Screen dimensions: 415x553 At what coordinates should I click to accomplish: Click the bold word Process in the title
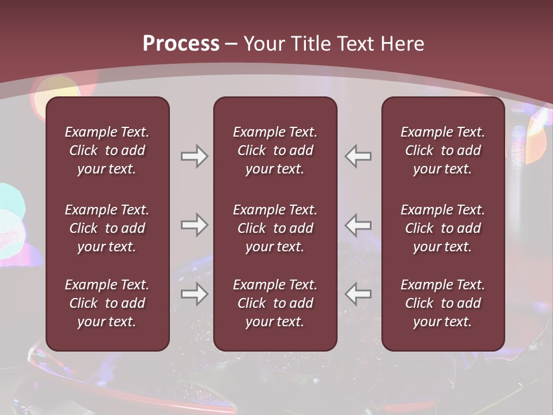(181, 44)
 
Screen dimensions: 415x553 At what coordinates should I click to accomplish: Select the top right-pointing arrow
(194, 156)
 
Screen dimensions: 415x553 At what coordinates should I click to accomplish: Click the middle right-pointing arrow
(194, 225)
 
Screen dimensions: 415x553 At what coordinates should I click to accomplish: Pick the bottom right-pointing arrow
(194, 294)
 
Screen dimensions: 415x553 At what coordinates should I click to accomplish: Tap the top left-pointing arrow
(358, 156)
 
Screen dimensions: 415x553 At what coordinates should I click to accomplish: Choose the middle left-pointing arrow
(358, 225)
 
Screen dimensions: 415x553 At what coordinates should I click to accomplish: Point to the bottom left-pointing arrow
(358, 294)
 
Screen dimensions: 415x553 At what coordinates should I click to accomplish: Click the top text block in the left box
(107, 150)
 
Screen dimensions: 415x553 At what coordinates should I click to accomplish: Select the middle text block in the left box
(107, 228)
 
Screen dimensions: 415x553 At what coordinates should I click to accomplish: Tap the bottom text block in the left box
(107, 303)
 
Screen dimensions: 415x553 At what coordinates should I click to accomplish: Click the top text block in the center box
(275, 150)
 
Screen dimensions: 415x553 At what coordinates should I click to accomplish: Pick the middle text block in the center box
(275, 228)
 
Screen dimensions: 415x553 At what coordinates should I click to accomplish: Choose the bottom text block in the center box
(275, 303)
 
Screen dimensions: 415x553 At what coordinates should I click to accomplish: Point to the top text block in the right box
(443, 150)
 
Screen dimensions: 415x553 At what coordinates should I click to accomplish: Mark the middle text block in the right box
(443, 228)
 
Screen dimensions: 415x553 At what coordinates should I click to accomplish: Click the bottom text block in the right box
(443, 303)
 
